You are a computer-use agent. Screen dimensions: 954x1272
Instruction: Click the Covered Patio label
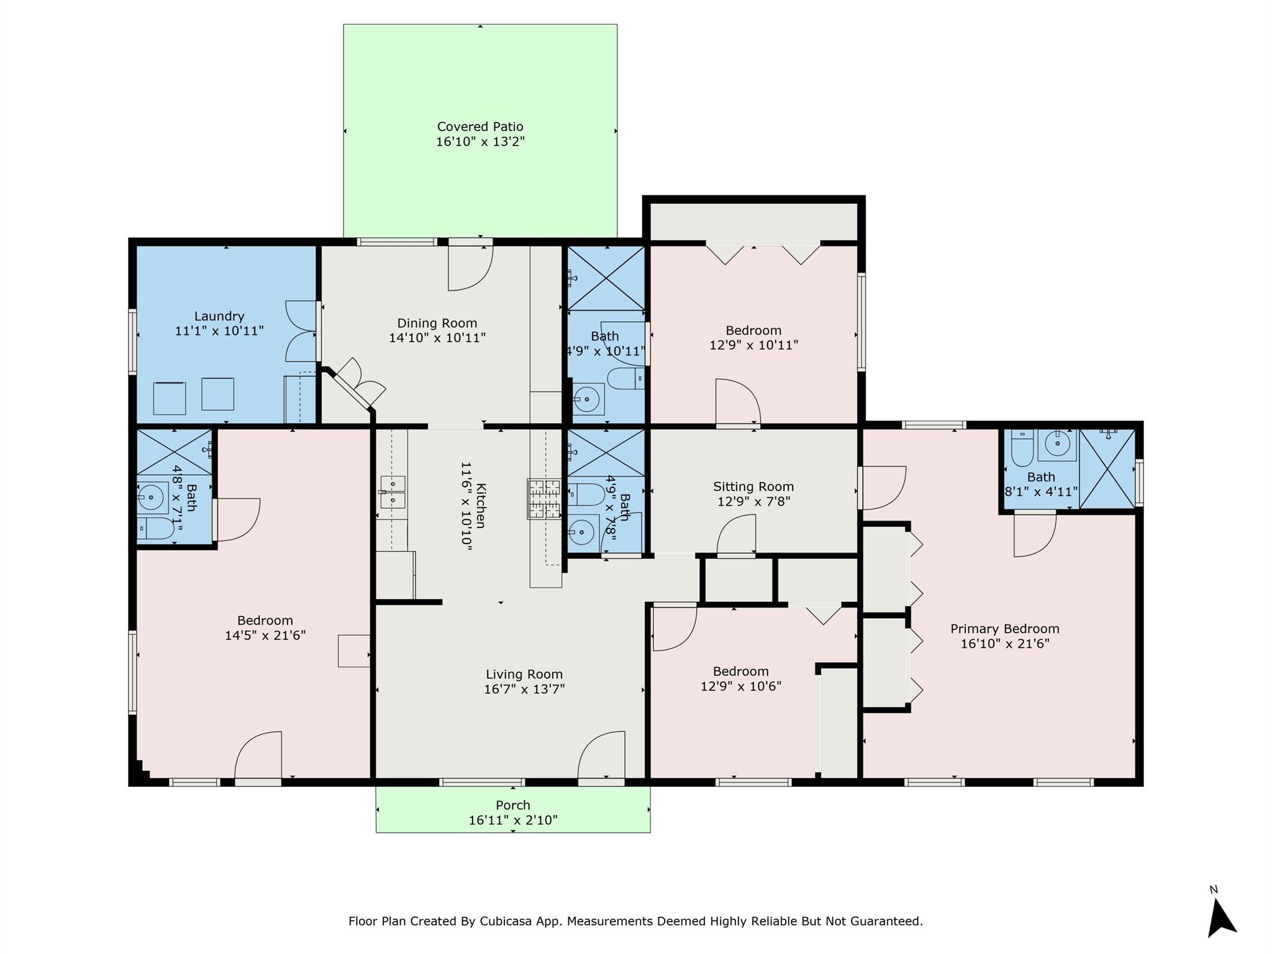coord(480,127)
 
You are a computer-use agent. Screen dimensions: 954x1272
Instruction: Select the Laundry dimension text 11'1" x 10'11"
coord(219,331)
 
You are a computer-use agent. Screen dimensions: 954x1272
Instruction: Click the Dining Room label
coord(437,323)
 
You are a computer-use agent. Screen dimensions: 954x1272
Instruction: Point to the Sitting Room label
coord(753,487)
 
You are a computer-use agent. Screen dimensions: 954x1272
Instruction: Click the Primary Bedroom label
coord(1004,629)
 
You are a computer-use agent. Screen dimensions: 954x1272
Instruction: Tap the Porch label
coord(513,805)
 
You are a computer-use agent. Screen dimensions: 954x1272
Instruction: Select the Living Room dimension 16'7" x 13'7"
coord(524,689)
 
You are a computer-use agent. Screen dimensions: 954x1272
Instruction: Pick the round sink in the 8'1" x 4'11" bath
coord(1056,444)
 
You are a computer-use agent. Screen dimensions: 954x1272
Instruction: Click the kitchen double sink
coord(392,491)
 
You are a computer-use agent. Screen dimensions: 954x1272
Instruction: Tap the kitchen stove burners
coord(544,499)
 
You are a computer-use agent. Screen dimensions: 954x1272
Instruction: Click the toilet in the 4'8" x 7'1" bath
coord(155,529)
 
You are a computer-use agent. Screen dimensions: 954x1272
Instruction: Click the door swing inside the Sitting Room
coord(737,534)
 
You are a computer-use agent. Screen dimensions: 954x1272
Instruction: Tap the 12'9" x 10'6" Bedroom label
coord(740,671)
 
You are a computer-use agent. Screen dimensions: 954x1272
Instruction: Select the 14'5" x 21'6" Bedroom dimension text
coord(265,635)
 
